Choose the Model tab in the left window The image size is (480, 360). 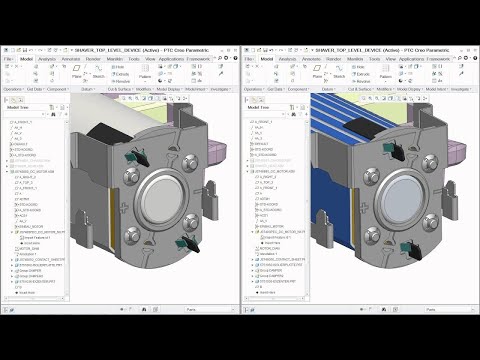coord(26,59)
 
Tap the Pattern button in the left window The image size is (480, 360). coord(146,75)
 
